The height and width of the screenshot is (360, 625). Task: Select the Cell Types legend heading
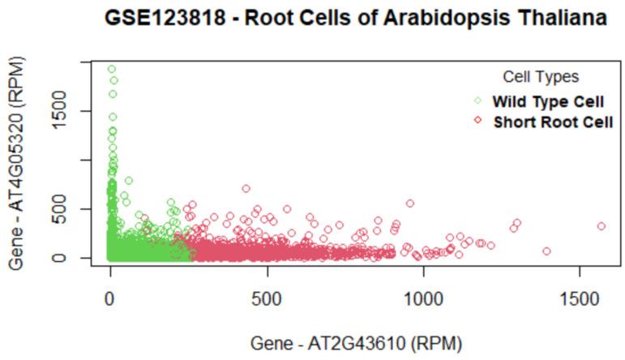(541, 77)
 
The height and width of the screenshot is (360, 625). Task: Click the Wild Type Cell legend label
(548, 101)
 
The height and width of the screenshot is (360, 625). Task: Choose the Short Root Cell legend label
(553, 121)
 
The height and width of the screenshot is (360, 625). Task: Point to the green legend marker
(477, 101)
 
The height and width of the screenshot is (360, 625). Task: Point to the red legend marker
(477, 121)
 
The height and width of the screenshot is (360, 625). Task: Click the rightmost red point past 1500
(601, 226)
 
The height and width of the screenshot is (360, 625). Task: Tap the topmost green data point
(112, 69)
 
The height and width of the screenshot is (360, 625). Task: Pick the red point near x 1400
(547, 251)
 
